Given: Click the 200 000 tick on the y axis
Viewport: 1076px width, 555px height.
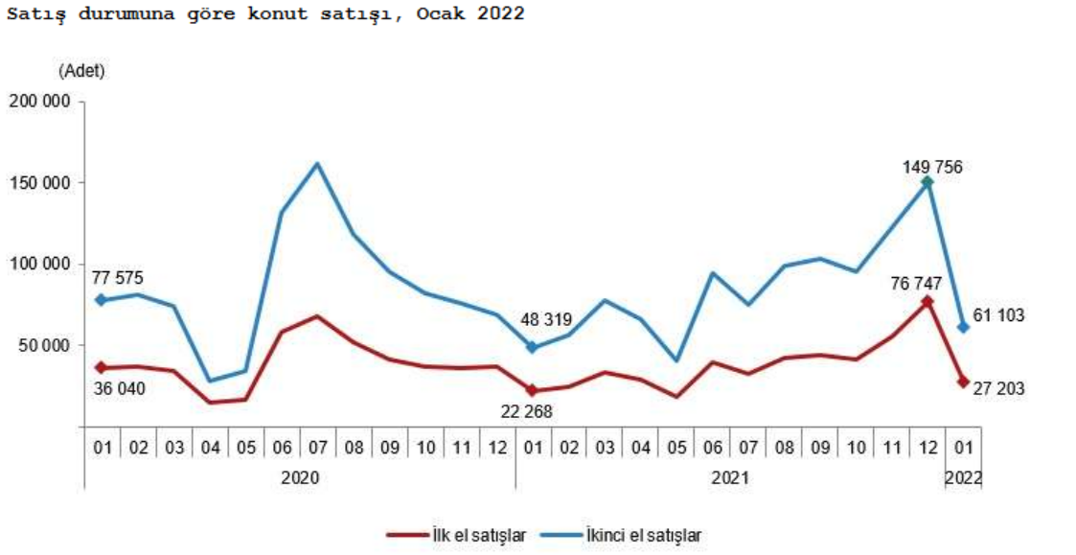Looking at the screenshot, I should [41, 102].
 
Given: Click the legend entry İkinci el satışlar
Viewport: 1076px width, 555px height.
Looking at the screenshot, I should [643, 535].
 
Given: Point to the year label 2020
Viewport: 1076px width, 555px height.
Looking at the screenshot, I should [300, 476].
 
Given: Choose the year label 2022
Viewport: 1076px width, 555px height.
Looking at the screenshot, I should [964, 476].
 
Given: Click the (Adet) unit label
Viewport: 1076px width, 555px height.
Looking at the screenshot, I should [81, 70].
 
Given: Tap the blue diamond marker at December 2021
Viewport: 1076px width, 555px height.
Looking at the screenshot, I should [927, 182].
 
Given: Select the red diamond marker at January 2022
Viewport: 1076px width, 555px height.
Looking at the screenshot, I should [964, 382].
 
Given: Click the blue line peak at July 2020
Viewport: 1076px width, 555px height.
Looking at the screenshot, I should [317, 163].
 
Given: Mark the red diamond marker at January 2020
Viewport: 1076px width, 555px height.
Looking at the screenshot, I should [100, 367].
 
